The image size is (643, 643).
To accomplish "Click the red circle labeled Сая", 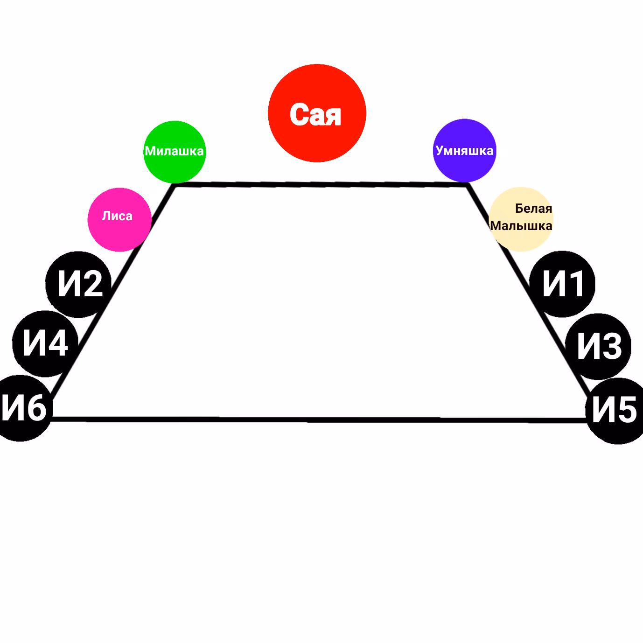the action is coord(317,113).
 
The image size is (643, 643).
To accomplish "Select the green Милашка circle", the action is coord(175,152).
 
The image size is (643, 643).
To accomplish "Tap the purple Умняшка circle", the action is coord(464,150).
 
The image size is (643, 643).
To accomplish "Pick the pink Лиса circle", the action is coord(119,220).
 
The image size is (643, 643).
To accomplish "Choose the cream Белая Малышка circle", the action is coord(521,219).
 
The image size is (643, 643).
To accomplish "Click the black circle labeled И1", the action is coord(562,284).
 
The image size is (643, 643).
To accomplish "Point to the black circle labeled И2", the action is coord(78,284).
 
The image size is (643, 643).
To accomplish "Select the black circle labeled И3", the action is coord(598,346).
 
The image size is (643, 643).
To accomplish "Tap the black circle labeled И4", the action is coord(45,344).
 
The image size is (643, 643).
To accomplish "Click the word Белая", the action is coord(533,209).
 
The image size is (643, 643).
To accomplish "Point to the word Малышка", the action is coord(521,226).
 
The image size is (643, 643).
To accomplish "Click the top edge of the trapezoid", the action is coord(321,184).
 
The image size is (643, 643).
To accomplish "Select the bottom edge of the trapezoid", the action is coord(319,419).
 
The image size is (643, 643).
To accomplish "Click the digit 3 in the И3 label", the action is coord(610,346).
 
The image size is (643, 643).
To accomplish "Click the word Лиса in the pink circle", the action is coord(117,216).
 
